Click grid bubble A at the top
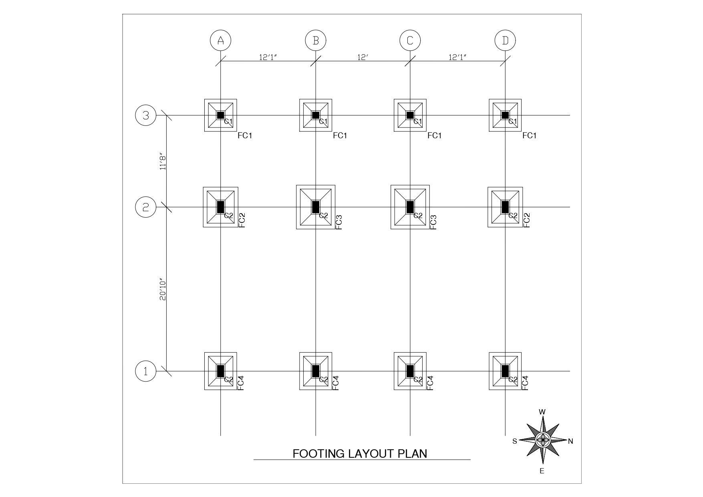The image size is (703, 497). (220, 40)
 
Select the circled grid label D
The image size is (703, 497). (505, 40)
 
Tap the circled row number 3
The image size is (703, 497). (146, 115)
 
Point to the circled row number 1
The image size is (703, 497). (146, 371)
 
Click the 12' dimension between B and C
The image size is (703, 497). (363, 57)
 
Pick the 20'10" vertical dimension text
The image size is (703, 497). (163, 289)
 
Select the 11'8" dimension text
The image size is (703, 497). (163, 161)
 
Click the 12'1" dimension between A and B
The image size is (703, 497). (268, 57)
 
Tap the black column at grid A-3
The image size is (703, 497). (220, 115)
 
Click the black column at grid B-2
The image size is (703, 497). (316, 207)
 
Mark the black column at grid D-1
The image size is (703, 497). (505, 371)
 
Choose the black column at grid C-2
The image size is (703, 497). (410, 207)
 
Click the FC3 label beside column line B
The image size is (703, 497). (339, 222)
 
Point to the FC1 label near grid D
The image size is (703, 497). (529, 135)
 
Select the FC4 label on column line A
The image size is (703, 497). (241, 383)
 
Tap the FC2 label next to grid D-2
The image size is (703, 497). (527, 220)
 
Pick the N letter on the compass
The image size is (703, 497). (571, 441)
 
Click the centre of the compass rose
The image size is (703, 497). (543, 440)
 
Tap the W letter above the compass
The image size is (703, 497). (542, 412)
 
